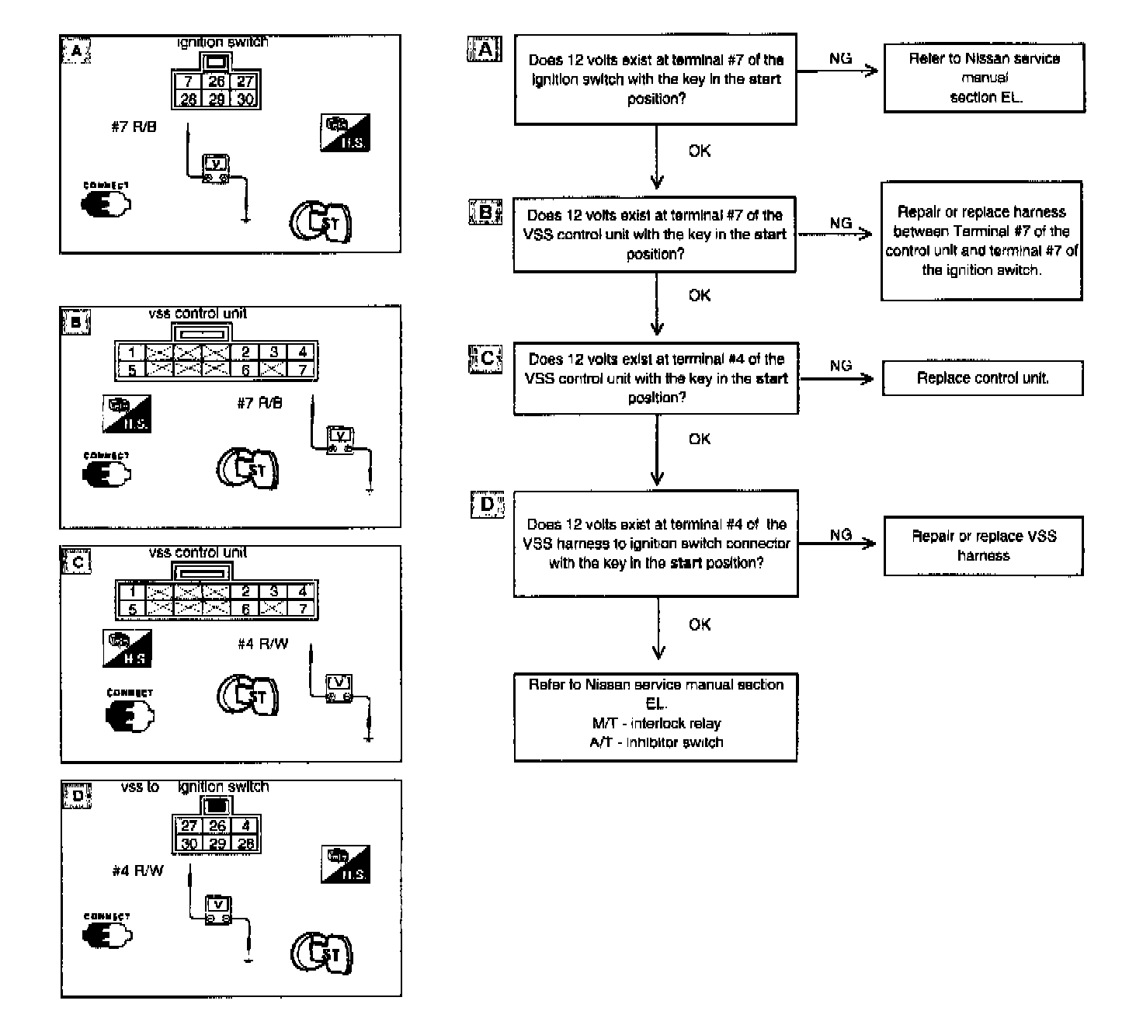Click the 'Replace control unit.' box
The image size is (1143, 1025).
click(x=982, y=378)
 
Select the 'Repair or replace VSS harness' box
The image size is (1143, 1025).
click(x=983, y=546)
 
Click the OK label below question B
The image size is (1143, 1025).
click(x=699, y=295)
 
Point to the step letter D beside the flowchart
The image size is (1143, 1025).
click(x=487, y=505)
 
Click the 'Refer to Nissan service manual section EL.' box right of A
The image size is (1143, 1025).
click(x=984, y=78)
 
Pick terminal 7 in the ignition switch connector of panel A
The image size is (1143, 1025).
click(x=188, y=82)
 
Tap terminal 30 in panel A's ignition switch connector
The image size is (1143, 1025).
click(x=245, y=99)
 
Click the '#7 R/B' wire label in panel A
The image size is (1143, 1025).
click(x=134, y=127)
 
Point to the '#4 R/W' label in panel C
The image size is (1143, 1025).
click(x=262, y=644)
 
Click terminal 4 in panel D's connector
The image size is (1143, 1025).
click(x=245, y=826)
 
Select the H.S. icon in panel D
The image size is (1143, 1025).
click(x=346, y=864)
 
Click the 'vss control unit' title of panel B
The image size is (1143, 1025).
click(x=197, y=314)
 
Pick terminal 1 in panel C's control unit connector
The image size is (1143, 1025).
click(x=133, y=592)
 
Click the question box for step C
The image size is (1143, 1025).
click(x=656, y=378)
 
